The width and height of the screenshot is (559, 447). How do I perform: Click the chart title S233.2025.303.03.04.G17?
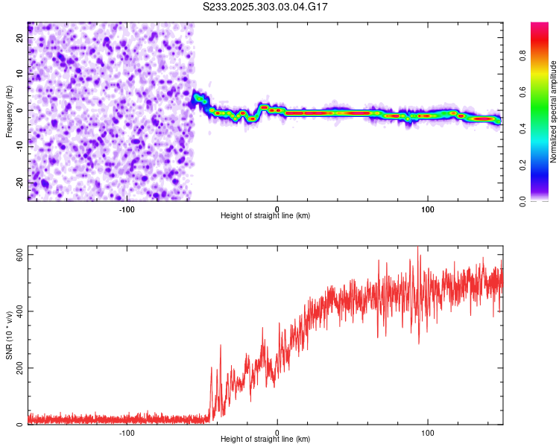[x=266, y=7]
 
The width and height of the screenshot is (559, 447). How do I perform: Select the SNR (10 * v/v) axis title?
[x=9, y=335]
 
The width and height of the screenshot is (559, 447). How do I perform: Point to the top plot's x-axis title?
[x=265, y=215]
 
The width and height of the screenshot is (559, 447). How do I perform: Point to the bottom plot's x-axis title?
[x=265, y=439]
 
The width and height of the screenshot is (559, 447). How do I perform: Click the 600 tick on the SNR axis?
[x=16, y=255]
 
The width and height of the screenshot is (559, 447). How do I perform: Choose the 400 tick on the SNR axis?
[x=16, y=311]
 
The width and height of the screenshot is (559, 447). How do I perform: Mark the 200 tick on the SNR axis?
[x=16, y=368]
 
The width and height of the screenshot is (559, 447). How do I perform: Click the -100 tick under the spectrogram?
[x=126, y=209]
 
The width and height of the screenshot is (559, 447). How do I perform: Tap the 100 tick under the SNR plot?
[x=428, y=432]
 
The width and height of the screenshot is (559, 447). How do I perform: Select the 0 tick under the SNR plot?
[x=277, y=432]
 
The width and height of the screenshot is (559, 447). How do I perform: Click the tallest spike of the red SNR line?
[x=418, y=248]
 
